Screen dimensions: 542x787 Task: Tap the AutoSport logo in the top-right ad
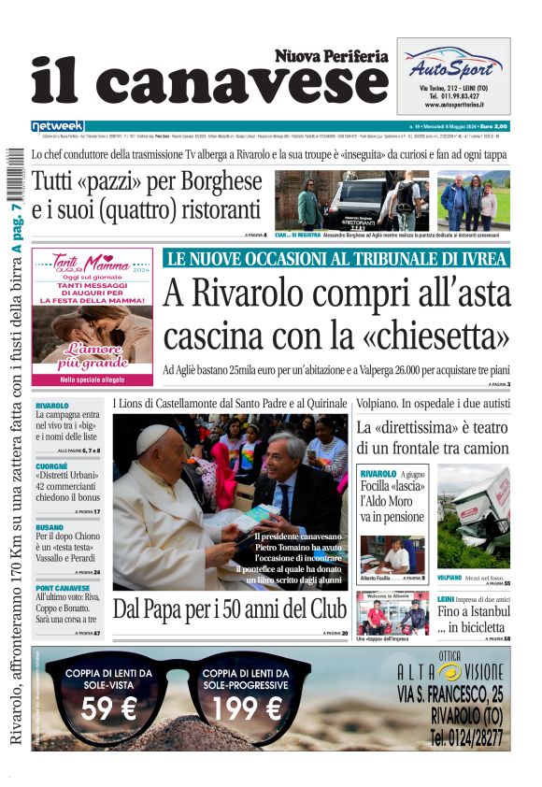(452, 67)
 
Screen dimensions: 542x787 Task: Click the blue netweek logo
(57, 126)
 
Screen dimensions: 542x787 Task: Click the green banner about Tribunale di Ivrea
(336, 259)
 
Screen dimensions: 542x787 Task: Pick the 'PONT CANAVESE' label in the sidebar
(63, 587)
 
